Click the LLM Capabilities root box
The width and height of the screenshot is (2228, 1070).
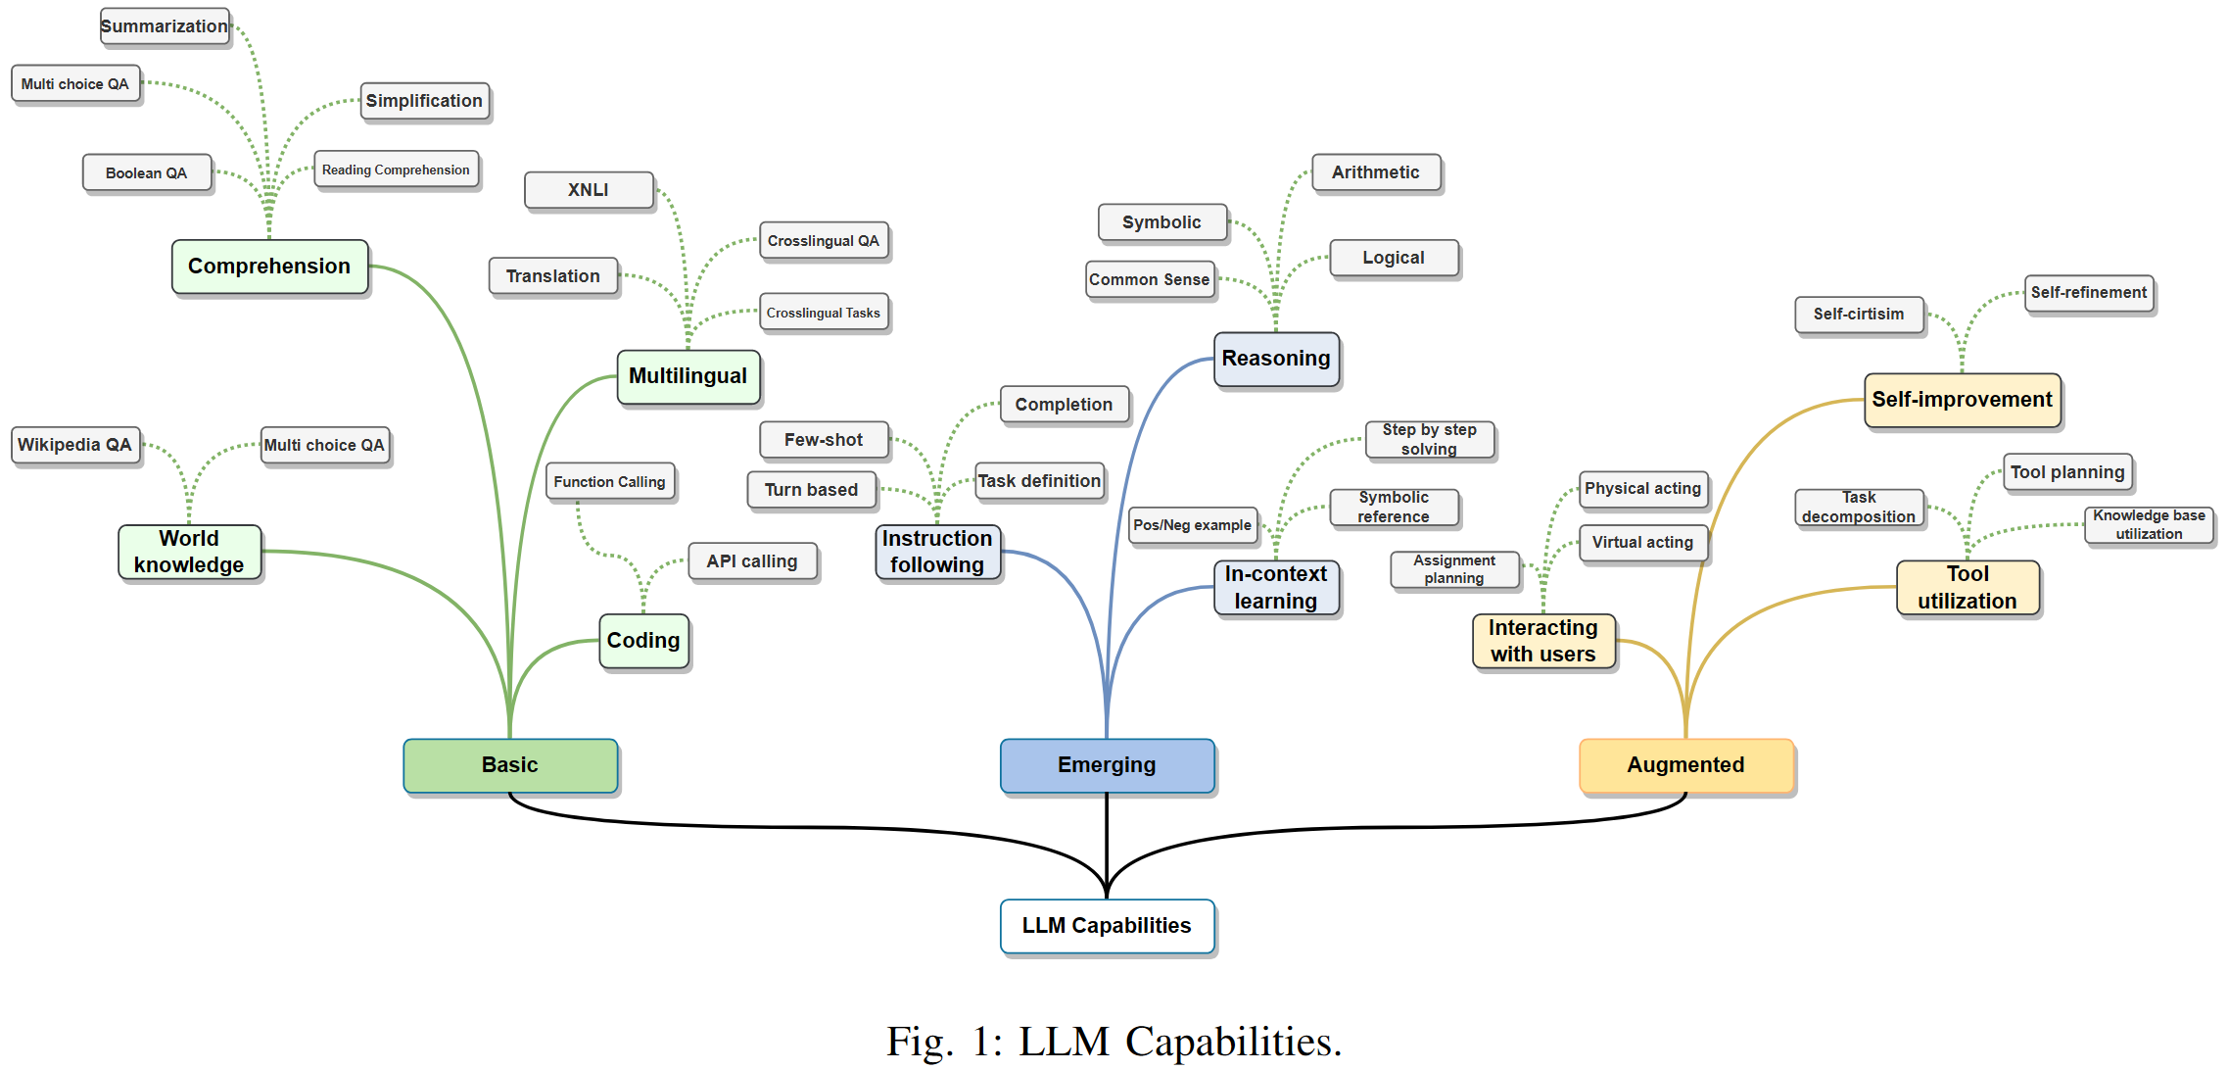1107,925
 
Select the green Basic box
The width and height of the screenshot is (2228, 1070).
510,765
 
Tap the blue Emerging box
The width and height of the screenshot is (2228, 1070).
1107,765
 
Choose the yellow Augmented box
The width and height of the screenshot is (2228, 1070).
1685,765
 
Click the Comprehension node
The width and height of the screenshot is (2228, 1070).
269,267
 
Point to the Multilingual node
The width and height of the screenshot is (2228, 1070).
687,376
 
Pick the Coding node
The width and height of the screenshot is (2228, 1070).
643,641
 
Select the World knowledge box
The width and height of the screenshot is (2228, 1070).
189,552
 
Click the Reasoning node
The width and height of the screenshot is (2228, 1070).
1276,359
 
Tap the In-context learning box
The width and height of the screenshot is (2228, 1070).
1276,587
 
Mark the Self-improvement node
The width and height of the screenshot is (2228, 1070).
1962,400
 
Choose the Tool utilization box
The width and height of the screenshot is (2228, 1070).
1967,587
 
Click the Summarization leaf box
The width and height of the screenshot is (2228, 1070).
165,26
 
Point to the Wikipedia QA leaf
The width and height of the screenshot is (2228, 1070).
74,445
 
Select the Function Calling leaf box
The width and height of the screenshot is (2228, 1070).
609,482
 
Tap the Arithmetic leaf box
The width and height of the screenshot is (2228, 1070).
1375,172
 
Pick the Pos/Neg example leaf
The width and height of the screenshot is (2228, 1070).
1192,525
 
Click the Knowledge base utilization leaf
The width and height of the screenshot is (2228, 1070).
2149,524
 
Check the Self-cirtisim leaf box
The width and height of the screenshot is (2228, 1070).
1859,315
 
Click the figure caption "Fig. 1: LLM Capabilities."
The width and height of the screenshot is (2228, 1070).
1114,1042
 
